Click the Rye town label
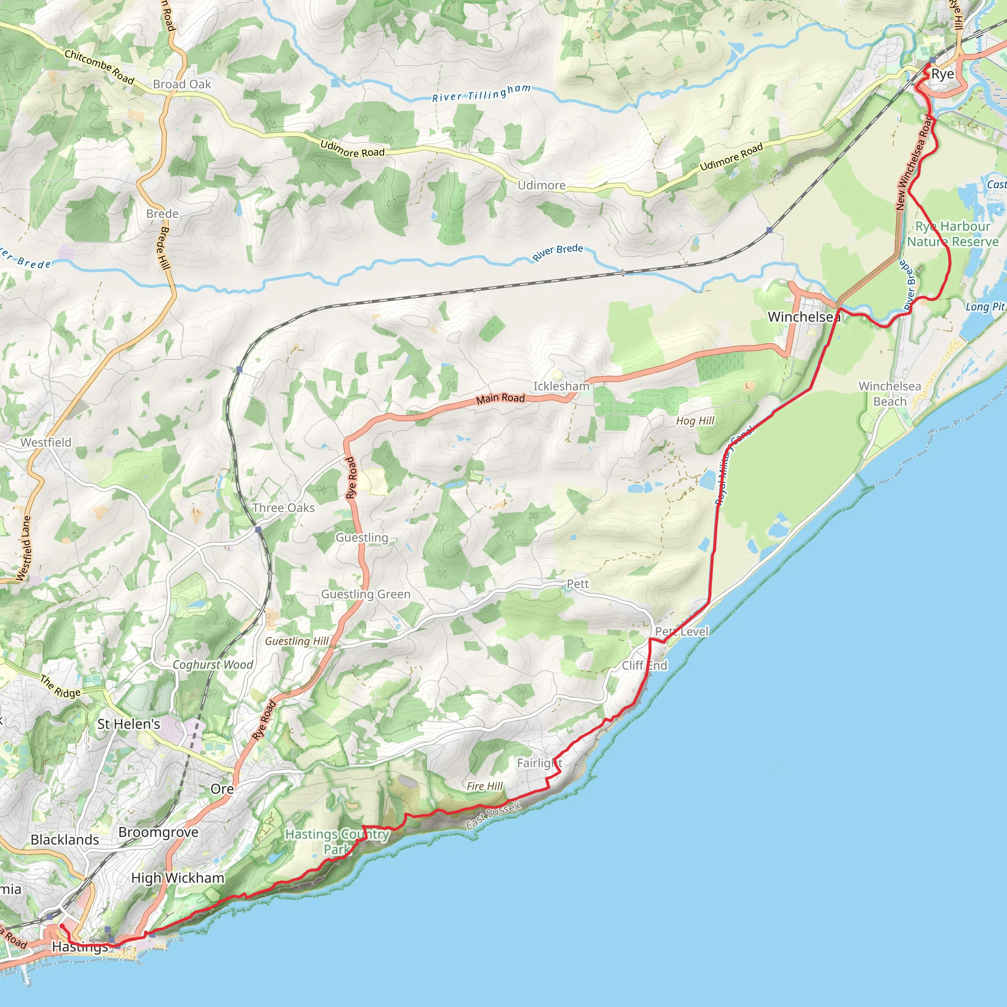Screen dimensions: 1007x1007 tap(943, 74)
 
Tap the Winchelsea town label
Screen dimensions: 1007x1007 tap(804, 317)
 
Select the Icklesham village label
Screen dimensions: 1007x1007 tap(562, 386)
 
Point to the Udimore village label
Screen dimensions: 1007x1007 tap(541, 185)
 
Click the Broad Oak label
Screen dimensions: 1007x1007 tap(182, 84)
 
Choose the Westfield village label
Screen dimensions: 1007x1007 tap(46, 443)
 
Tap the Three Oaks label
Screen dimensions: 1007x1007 tap(284, 507)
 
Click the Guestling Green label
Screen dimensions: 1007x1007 tap(365, 594)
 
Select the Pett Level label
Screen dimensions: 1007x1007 tap(682, 631)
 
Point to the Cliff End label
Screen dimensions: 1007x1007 tap(644, 666)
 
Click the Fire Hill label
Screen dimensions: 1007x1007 tap(485, 786)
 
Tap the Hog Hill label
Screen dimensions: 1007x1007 tap(695, 420)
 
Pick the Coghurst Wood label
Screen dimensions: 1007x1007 tap(212, 665)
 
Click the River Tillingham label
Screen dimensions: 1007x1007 tap(481, 93)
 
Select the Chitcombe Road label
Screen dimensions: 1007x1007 tap(99, 67)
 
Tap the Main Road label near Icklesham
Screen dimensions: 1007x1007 tap(501, 398)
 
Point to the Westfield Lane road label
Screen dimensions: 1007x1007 tap(24, 548)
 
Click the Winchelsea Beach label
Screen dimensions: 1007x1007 tap(889, 393)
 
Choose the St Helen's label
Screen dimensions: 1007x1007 tap(129, 724)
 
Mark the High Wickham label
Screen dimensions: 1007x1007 tap(178, 878)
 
